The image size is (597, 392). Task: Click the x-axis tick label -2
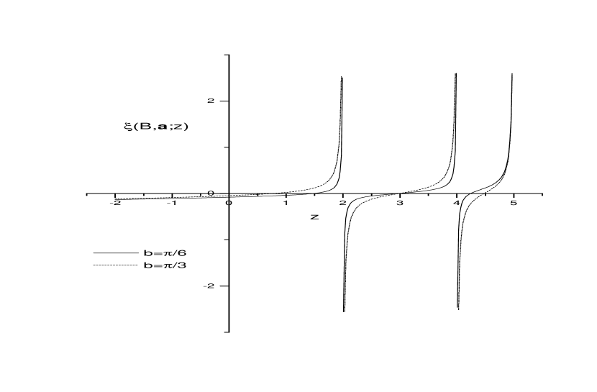click(115, 203)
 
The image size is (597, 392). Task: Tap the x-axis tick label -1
click(172, 203)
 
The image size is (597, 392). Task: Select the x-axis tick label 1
click(286, 203)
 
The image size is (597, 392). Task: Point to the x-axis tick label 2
click(342, 203)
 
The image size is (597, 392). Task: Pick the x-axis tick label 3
click(399, 203)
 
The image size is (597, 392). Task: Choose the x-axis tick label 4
click(457, 203)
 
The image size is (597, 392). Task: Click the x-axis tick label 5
click(514, 203)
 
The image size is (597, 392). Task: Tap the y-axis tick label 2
click(211, 101)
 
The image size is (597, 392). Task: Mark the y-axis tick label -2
click(209, 286)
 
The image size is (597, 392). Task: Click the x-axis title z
click(314, 217)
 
